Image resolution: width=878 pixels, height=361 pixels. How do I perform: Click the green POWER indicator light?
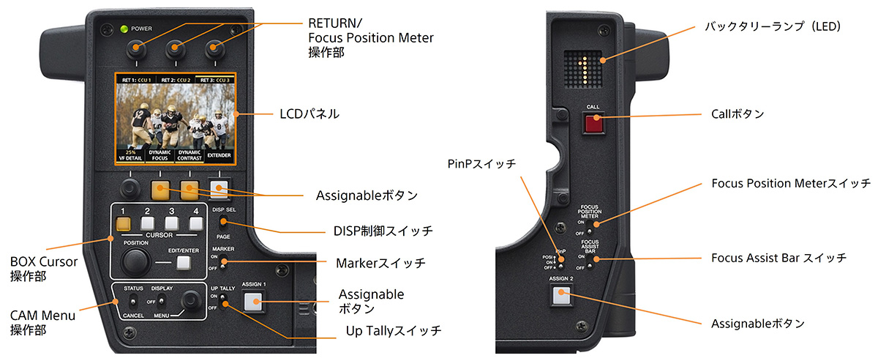coord(125,29)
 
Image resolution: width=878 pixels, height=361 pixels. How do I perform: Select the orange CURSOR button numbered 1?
coord(124,223)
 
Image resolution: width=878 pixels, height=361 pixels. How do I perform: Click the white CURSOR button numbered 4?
coord(195,223)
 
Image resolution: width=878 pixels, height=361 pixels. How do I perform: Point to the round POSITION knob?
coord(136,261)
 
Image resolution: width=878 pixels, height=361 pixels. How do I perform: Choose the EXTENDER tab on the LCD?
coord(219,155)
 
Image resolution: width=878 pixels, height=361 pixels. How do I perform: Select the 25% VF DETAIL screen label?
coord(131,155)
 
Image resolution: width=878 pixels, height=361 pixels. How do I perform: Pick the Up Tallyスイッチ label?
coord(393,331)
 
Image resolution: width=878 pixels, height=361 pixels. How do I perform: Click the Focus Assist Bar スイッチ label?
coord(778,258)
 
